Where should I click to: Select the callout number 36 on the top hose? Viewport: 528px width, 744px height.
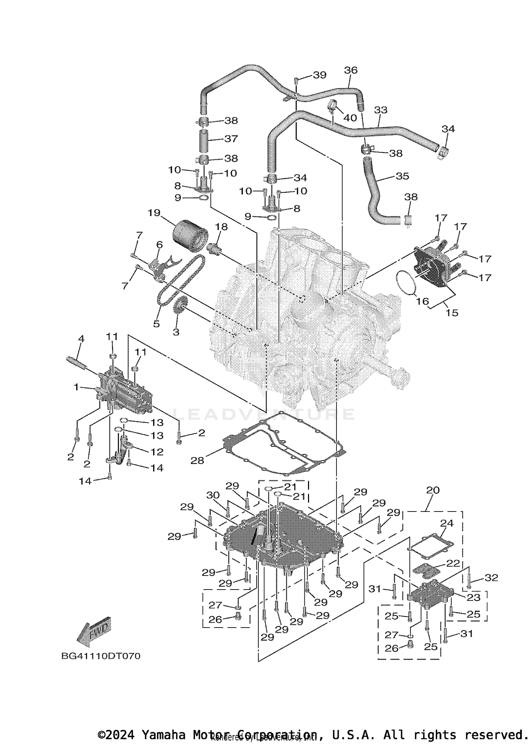(x=351, y=70)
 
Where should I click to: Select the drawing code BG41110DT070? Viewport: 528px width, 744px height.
(x=101, y=656)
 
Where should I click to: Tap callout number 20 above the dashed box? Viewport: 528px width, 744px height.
(x=433, y=490)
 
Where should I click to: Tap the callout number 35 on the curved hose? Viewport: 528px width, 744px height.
(x=402, y=176)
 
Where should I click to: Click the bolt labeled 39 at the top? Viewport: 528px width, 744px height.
(x=296, y=81)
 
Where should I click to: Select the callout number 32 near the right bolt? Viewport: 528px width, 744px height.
(x=491, y=578)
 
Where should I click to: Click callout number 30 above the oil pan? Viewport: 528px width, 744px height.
(x=213, y=495)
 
